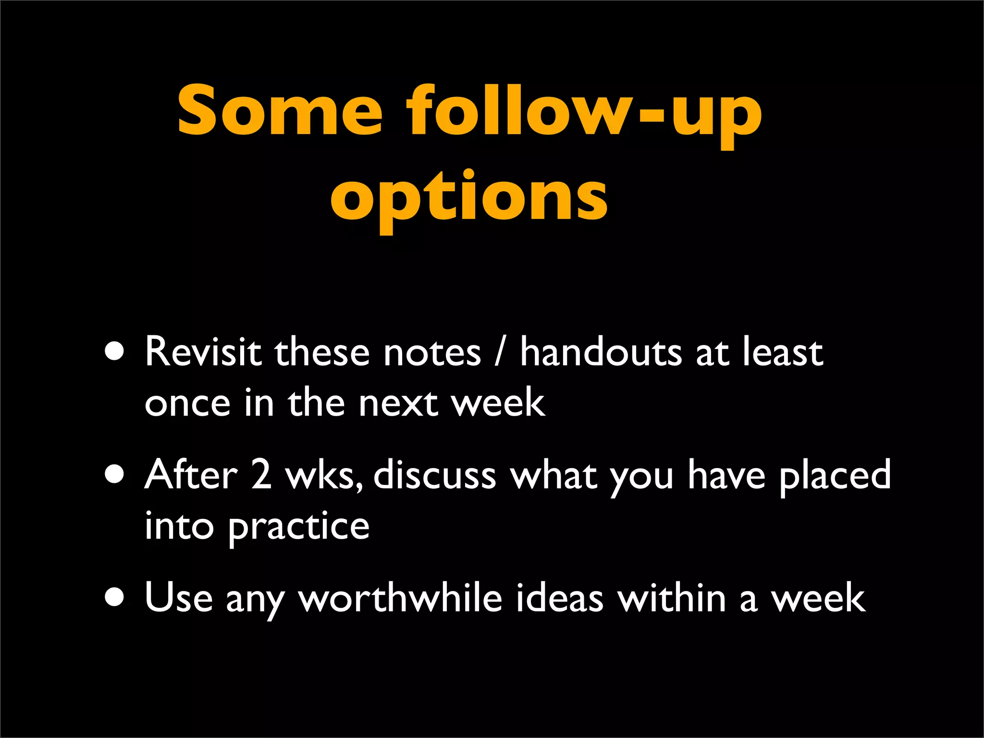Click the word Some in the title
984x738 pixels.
(280, 111)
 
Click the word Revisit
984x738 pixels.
(203, 352)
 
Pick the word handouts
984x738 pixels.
(601, 352)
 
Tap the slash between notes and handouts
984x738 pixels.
(500, 353)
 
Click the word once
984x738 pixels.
(187, 404)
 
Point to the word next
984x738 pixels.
(398, 404)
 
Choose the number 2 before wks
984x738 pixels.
(261, 475)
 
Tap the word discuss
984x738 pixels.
(434, 475)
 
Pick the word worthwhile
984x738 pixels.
(400, 598)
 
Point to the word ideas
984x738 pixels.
(560, 598)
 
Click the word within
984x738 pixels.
(672, 598)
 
